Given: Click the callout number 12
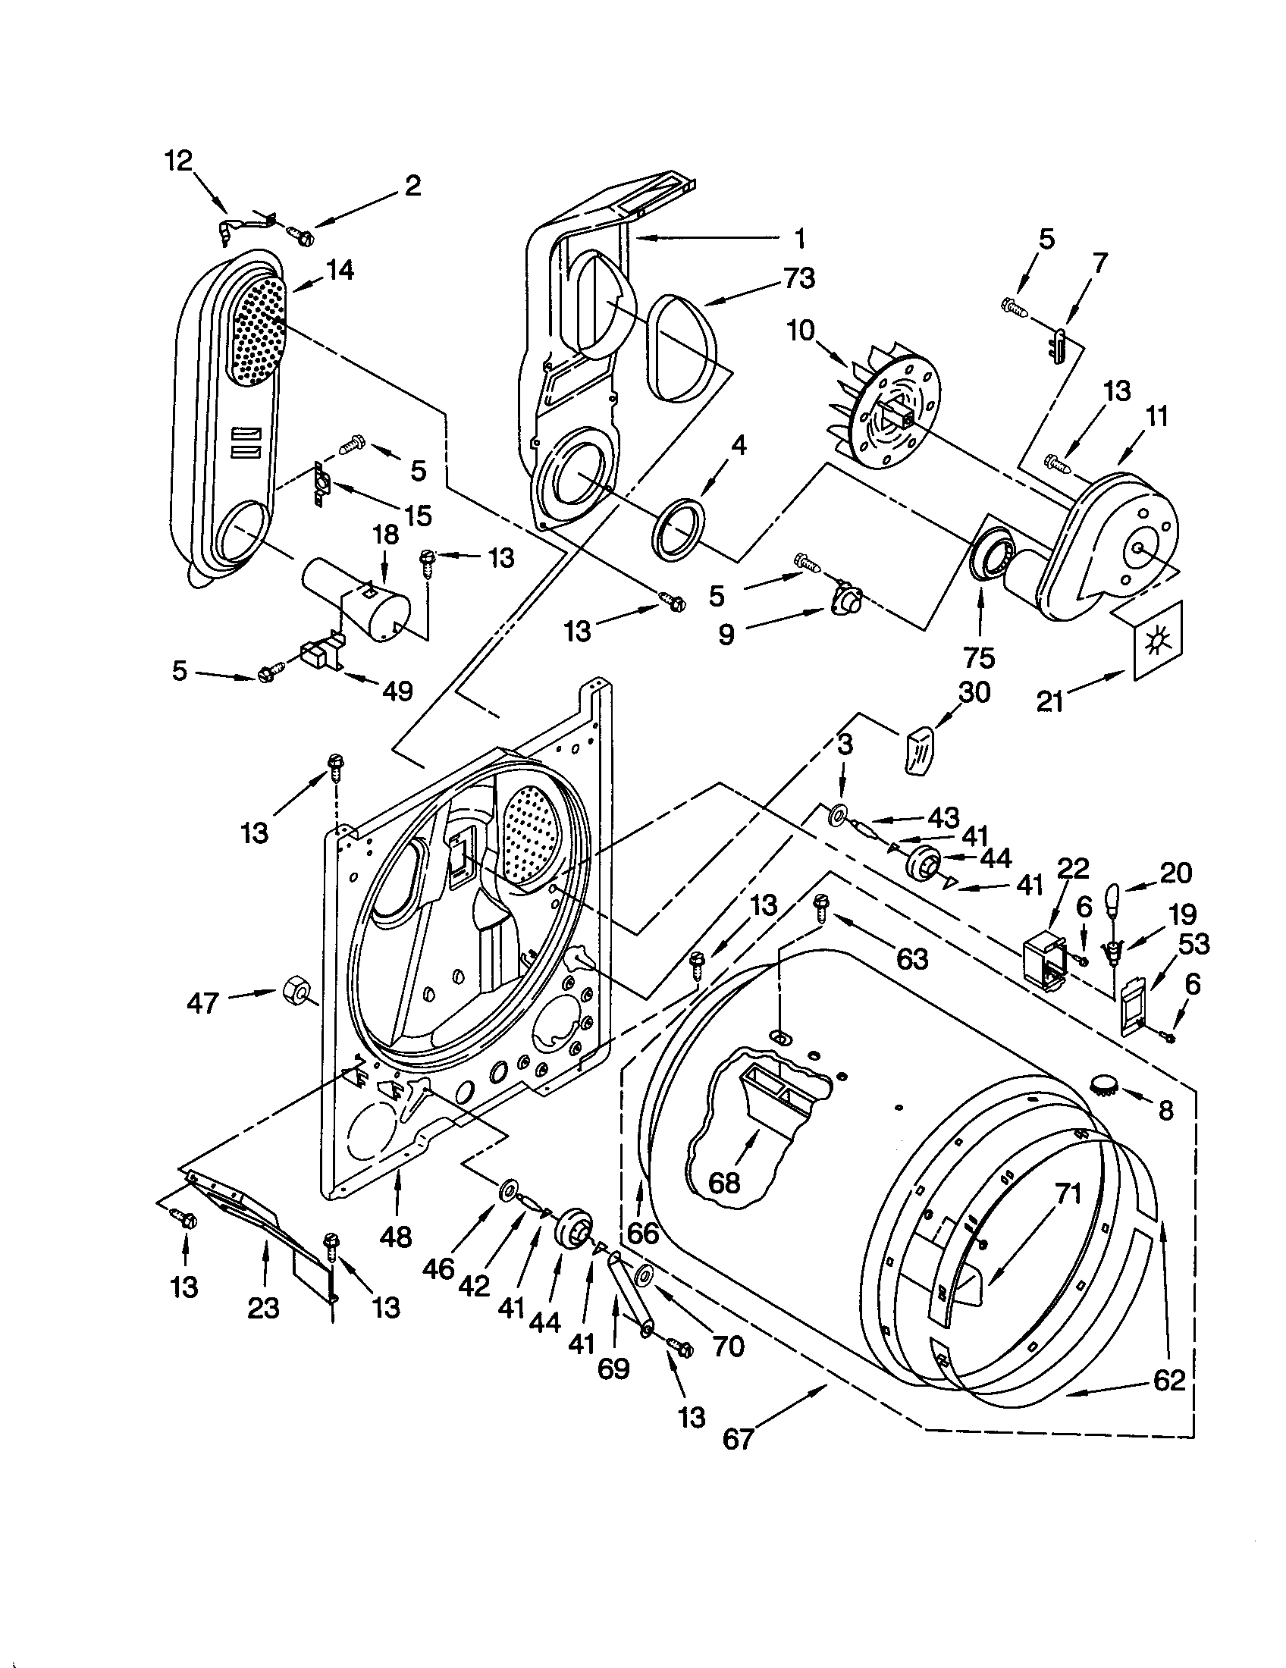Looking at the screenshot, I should [179, 162].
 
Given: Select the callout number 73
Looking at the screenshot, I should [798, 278].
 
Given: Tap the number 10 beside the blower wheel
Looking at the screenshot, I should [801, 331].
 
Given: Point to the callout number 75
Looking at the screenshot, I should [979, 657].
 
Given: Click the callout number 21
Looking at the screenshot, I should [1050, 701].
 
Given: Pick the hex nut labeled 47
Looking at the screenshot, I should [294, 992].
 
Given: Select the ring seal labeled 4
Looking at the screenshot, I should [677, 525].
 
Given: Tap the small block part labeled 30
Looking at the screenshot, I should [921, 751].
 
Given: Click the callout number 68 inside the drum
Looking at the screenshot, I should [724, 1182].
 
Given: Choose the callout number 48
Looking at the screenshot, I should [396, 1236].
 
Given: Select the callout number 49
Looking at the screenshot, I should [397, 691].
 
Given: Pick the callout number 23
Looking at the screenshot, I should [262, 1309].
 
